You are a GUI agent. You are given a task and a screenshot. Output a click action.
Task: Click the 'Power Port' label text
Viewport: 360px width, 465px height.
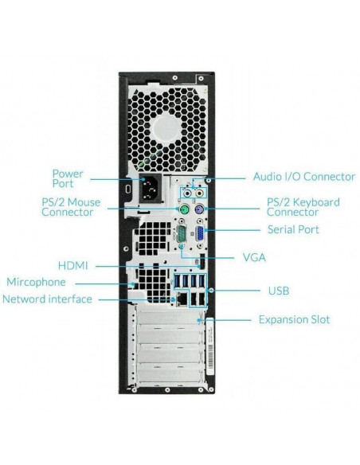(68, 178)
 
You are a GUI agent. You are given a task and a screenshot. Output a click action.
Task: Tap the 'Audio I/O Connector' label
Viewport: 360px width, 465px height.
(304, 177)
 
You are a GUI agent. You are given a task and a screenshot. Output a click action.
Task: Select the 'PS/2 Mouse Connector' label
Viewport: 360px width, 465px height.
(71, 207)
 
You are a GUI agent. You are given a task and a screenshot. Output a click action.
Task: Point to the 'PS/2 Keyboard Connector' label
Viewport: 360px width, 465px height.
(303, 207)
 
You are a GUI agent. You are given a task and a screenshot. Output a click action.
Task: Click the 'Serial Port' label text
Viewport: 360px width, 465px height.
(293, 229)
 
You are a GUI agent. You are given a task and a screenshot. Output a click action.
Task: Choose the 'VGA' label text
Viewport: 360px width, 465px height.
(254, 257)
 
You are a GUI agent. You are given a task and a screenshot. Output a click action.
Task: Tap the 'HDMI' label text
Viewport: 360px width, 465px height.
(73, 265)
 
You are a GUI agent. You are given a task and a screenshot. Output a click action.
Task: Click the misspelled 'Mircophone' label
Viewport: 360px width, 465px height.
(36, 282)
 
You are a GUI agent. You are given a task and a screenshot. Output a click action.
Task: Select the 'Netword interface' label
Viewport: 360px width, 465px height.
(47, 299)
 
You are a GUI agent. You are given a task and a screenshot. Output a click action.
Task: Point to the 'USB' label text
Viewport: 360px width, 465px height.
(279, 291)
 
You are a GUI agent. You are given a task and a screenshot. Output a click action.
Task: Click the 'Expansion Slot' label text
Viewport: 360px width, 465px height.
(294, 319)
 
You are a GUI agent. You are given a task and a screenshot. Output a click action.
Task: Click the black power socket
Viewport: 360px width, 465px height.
(151, 189)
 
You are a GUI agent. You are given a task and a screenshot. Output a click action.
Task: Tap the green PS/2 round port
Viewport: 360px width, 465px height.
(184, 210)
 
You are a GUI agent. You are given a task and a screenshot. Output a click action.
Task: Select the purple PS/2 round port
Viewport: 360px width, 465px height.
(200, 210)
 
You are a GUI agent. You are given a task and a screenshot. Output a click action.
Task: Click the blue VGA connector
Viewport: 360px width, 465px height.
(200, 233)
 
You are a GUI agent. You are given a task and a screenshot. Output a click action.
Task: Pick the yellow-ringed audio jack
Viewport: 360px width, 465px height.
(200, 193)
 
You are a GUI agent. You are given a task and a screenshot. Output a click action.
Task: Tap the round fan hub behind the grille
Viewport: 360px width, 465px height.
(166, 130)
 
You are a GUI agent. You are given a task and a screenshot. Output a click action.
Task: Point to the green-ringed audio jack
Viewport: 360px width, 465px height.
(187, 193)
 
